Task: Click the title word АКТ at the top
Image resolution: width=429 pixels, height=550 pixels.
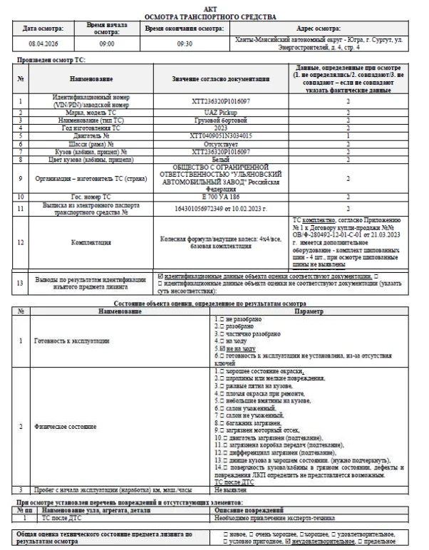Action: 214,7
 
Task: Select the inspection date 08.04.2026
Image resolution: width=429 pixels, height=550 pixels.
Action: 43,43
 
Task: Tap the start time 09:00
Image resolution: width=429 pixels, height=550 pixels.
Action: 107,43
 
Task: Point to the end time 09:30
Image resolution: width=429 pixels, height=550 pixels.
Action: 184,43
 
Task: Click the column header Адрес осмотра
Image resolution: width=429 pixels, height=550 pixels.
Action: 319,28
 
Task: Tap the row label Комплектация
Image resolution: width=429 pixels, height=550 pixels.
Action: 91,242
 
